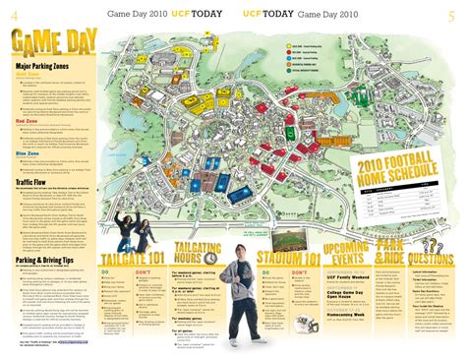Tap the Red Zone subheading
coord(28,121)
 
